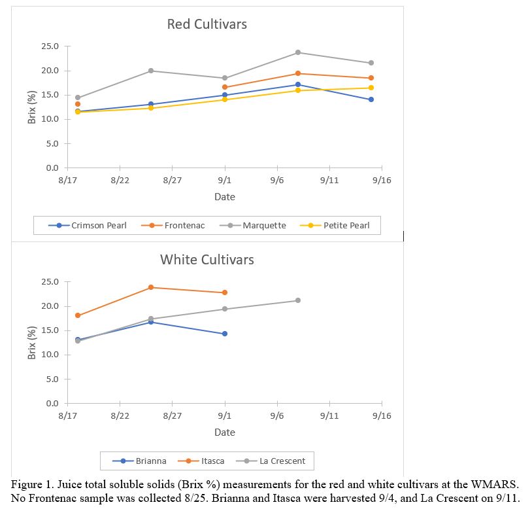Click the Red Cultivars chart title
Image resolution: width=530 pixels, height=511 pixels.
[x=207, y=24]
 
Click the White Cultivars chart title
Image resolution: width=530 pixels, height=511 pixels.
[x=207, y=260]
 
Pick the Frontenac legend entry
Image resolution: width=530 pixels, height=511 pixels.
[x=177, y=225]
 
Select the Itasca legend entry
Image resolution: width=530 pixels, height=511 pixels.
[x=205, y=461]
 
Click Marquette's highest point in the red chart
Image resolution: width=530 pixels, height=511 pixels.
[x=298, y=52]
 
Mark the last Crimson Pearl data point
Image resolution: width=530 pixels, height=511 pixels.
[x=371, y=99]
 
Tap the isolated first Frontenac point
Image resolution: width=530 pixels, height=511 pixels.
[x=78, y=104]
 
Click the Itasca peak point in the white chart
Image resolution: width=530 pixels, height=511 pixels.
[x=151, y=287]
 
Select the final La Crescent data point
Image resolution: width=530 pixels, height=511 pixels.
[x=298, y=300]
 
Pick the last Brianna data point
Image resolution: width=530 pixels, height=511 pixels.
[x=225, y=334]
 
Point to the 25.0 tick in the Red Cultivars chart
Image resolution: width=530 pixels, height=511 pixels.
[x=50, y=46]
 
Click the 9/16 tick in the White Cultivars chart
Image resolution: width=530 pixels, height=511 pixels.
[x=382, y=415]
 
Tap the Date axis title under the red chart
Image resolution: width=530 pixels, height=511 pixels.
[x=225, y=197]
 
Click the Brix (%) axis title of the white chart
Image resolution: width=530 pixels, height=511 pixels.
[x=32, y=342]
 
